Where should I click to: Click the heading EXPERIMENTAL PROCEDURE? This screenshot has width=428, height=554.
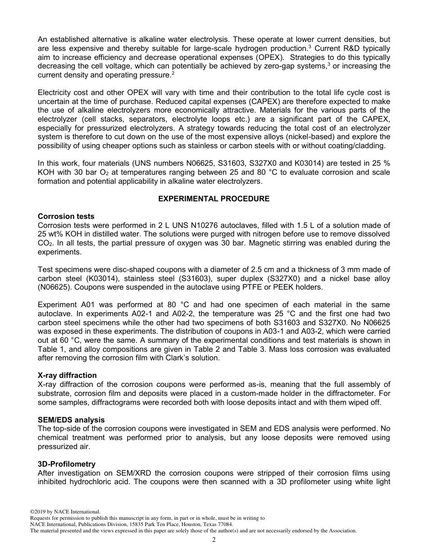(x=214, y=199)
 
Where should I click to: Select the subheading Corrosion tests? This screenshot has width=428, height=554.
(x=66, y=217)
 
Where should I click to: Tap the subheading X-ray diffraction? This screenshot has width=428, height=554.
(x=67, y=375)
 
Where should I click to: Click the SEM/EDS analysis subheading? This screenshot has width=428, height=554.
(x=71, y=420)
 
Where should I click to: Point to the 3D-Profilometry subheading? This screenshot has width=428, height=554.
(x=67, y=464)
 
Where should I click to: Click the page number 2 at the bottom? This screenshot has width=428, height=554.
(x=214, y=540)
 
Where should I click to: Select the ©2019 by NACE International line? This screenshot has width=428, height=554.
(x=65, y=512)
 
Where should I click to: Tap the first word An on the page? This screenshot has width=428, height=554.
(x=42, y=40)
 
